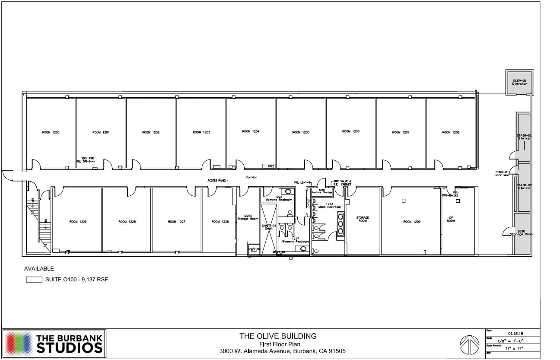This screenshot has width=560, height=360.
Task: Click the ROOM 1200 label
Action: click(x=51, y=132)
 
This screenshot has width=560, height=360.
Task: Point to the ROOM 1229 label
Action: click(x=78, y=222)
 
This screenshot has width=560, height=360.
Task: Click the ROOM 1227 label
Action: click(x=177, y=222)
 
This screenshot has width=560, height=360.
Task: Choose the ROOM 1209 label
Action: click(x=412, y=222)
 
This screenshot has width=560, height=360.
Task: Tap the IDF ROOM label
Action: click(x=451, y=219)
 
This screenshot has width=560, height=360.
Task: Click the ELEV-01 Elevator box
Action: click(x=520, y=82)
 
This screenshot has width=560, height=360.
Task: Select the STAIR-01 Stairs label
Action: click(x=524, y=137)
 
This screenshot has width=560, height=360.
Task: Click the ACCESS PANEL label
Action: click(x=216, y=181)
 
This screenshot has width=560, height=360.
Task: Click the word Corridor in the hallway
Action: click(x=251, y=177)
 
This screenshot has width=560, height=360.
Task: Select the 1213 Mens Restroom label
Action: click(x=330, y=206)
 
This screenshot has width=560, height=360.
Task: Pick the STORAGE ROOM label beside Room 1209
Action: click(x=362, y=219)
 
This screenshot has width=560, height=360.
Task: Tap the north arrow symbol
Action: click(x=468, y=344)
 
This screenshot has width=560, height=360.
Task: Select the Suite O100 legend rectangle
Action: click(x=34, y=280)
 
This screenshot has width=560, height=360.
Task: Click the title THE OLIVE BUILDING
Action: click(x=278, y=336)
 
